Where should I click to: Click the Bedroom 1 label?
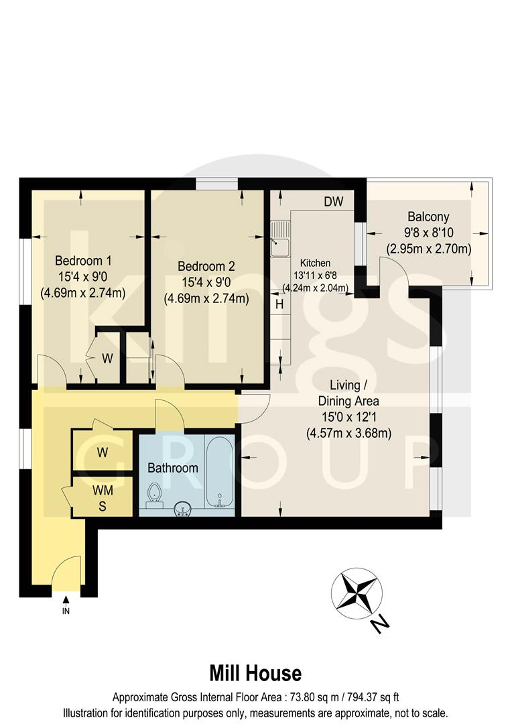(83, 261)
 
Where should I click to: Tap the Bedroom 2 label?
(206, 266)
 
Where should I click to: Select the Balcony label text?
(428, 217)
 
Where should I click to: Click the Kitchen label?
(315, 263)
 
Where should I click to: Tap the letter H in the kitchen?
(279, 304)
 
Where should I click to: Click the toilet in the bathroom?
(155, 492)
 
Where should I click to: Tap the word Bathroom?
(173, 468)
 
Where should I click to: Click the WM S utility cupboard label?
(103, 498)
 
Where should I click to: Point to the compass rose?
(357, 593)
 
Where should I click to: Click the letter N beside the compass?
(379, 625)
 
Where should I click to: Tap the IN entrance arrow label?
(66, 611)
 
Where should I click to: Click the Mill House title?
(255, 672)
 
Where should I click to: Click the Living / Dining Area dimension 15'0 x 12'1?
(348, 418)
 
